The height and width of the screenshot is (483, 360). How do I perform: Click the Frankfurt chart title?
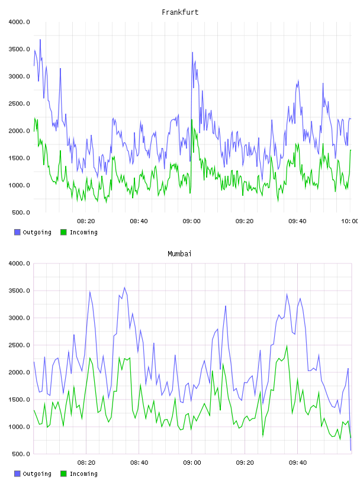180,12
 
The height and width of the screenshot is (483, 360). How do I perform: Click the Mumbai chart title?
179,254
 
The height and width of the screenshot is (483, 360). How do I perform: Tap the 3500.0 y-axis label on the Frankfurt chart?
19,49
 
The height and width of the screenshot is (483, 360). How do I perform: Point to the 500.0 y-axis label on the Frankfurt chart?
21,212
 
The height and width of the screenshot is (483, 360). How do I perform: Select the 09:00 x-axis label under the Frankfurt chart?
191,221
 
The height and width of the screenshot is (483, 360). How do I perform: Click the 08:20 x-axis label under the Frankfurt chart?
86,221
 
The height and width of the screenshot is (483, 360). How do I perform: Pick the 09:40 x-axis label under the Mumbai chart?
298,463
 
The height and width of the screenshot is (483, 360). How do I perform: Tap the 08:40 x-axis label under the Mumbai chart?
139,463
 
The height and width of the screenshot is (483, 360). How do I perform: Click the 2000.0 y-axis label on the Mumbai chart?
19,372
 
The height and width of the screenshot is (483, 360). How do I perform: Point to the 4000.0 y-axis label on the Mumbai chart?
19,263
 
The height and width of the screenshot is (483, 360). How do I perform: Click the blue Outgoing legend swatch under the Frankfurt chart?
17,232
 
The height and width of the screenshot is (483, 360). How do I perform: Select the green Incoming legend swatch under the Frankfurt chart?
63,232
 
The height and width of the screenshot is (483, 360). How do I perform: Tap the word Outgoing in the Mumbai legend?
37,474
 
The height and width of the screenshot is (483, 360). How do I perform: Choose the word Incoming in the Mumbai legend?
83,474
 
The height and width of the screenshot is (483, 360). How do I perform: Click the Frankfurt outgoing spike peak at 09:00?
192,52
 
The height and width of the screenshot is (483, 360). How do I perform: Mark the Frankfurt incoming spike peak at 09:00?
192,120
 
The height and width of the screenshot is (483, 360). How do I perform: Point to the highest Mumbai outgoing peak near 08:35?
124,288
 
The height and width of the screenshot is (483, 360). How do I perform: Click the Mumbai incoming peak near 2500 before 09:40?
287,346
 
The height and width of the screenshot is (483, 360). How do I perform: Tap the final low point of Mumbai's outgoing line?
351,450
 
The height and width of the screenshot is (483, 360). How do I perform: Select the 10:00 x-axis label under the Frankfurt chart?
349,221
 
